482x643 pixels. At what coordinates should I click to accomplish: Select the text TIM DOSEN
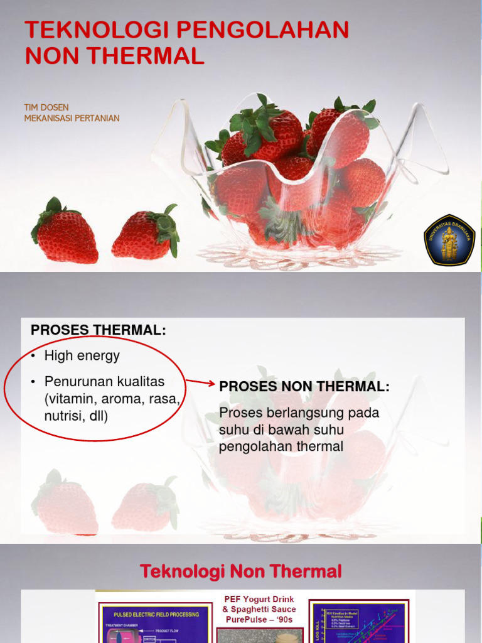(x=46, y=107)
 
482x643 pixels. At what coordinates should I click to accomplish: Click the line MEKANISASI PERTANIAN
(x=72, y=118)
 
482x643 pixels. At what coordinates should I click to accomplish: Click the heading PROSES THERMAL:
(x=99, y=330)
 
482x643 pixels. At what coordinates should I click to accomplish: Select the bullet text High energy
(x=82, y=356)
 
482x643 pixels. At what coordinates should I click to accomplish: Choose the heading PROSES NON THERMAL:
(x=304, y=387)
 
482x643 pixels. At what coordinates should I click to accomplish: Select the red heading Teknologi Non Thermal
(x=241, y=571)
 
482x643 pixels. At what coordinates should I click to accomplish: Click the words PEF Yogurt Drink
(x=259, y=599)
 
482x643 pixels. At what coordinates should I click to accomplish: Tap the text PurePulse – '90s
(x=259, y=619)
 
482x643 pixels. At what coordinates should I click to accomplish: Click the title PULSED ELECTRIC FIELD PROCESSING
(x=156, y=614)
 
